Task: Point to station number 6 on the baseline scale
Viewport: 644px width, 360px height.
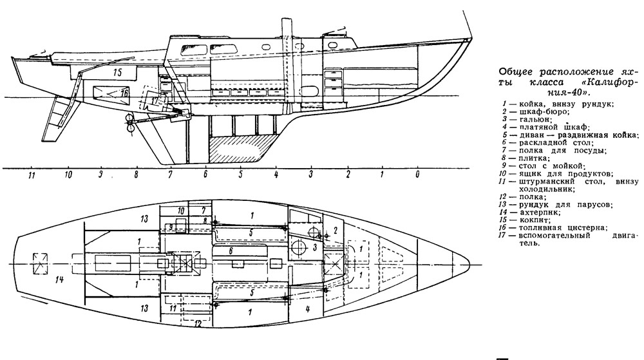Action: (205, 175)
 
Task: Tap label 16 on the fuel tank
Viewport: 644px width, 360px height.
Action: (124, 93)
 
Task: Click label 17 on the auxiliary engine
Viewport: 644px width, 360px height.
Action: (154, 101)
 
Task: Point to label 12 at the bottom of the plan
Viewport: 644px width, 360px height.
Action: (199, 323)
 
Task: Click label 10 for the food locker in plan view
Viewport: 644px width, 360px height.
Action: (181, 211)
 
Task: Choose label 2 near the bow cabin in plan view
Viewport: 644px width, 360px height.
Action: (336, 230)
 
